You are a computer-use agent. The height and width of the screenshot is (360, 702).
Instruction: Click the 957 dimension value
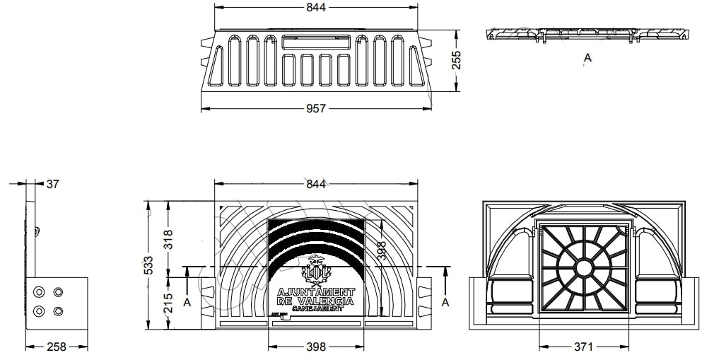click(316, 108)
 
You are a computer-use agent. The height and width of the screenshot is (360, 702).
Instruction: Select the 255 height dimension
click(456, 60)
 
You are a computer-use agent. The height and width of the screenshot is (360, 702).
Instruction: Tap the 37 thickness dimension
click(52, 184)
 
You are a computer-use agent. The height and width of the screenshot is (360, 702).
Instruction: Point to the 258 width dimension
click(57, 347)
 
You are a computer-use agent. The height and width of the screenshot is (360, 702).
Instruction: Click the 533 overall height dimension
click(148, 265)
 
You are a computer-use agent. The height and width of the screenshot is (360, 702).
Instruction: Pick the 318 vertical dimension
click(168, 238)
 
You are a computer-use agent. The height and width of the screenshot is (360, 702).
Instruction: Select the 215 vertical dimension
click(168, 303)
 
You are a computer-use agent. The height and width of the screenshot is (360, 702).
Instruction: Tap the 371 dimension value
click(583, 347)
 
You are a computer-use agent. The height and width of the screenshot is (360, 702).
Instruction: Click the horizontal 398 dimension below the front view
click(316, 347)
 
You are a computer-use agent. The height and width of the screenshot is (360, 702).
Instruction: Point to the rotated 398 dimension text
click(381, 251)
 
